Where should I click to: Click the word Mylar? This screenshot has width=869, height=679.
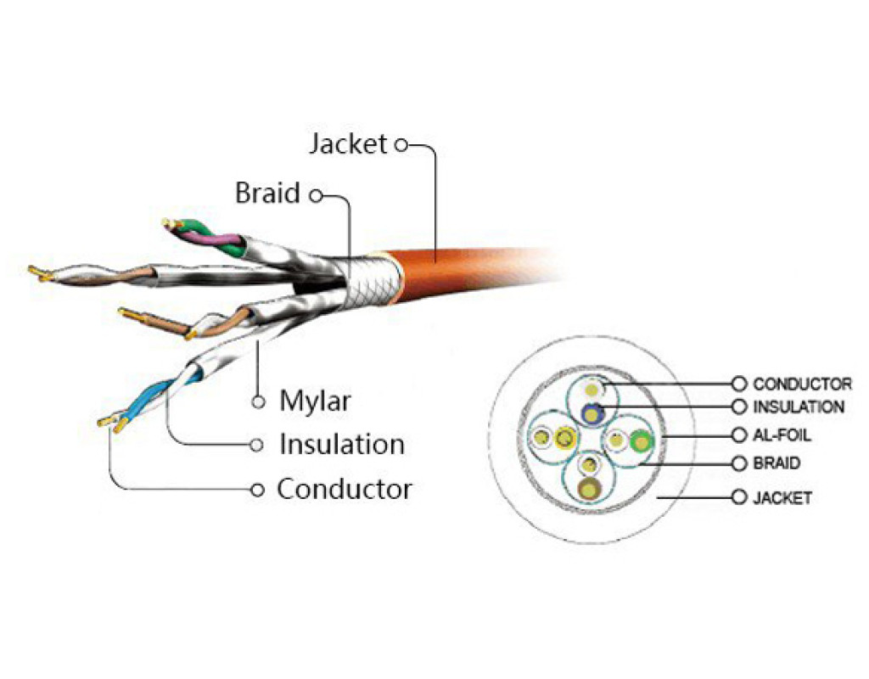[314, 401]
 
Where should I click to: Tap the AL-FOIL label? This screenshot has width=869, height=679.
[782, 435]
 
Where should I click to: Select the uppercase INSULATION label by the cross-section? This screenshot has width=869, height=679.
[798, 407]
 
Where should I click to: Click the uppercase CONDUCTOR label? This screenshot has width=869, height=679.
[802, 384]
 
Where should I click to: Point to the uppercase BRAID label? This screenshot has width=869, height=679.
[776, 464]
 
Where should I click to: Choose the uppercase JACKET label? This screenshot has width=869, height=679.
[782, 497]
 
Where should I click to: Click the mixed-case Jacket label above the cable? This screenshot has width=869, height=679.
[348, 144]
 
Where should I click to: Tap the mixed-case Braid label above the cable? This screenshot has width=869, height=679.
[267, 194]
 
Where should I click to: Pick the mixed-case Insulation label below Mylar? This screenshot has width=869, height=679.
[341, 444]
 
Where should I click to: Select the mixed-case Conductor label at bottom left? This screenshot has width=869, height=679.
[345, 489]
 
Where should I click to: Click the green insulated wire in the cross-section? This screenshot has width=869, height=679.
[640, 441]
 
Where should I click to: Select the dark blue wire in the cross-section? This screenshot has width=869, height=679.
[591, 413]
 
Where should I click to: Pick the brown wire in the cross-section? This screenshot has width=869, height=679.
[587, 487]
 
